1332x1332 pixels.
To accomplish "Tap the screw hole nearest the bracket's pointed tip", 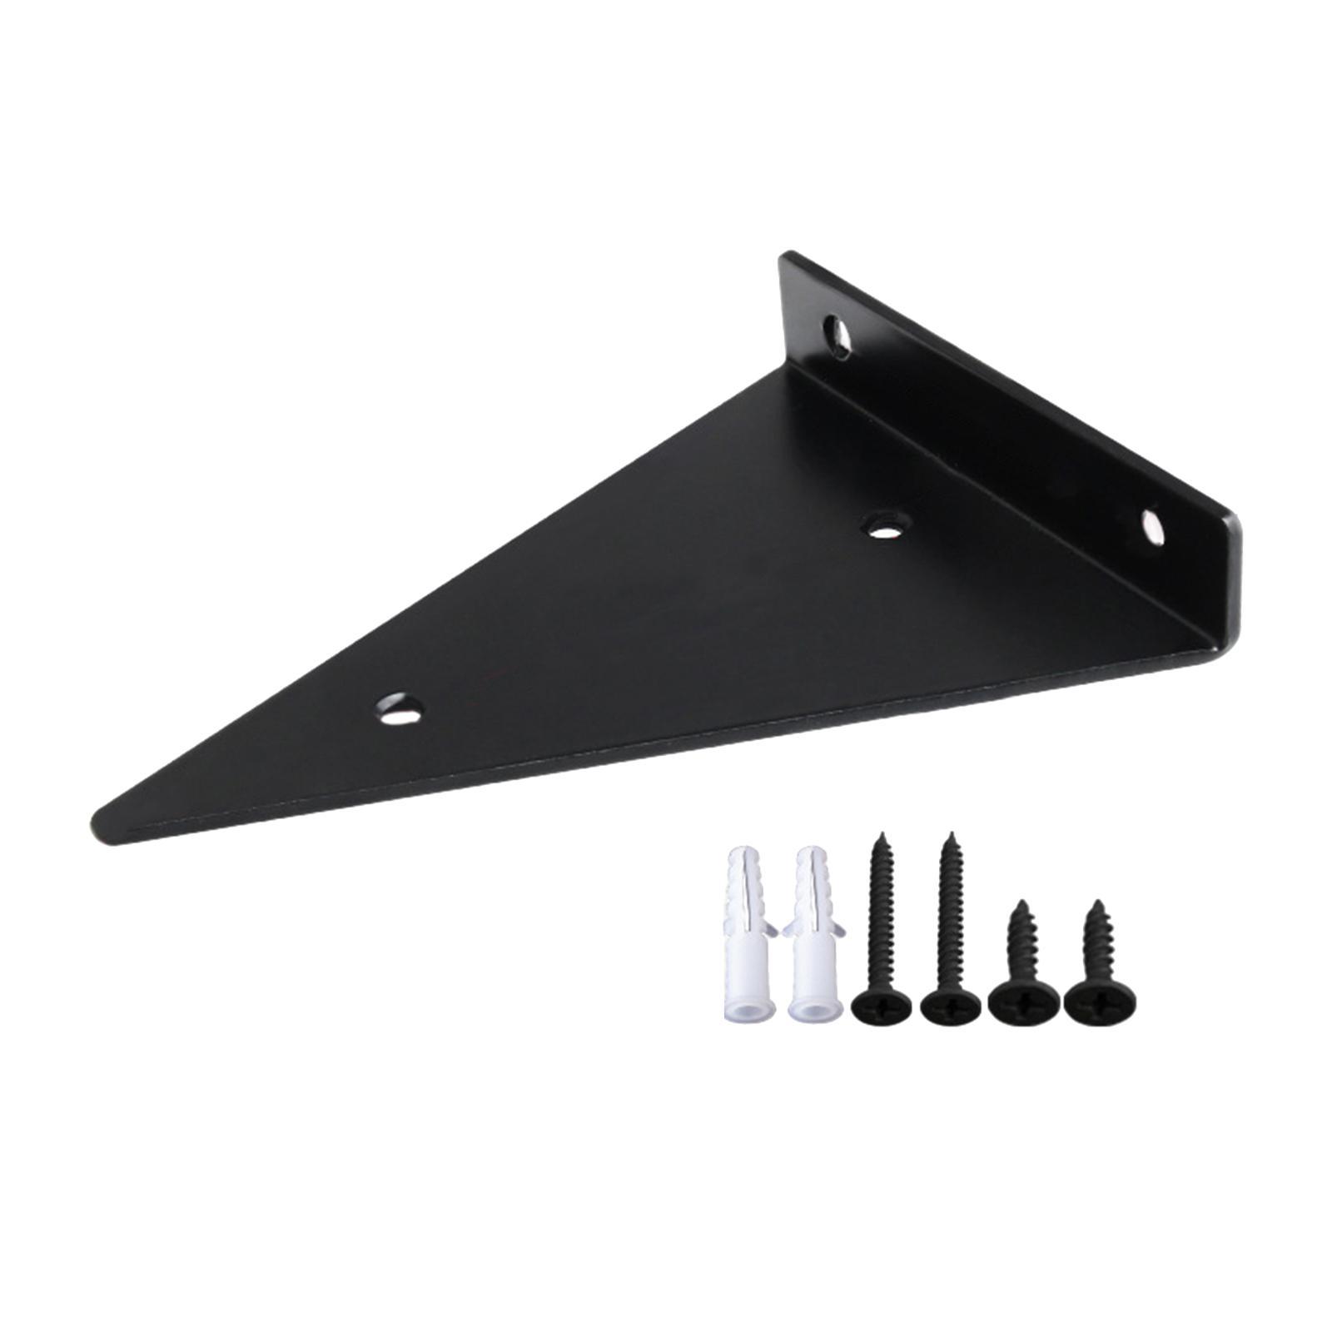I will [399, 709].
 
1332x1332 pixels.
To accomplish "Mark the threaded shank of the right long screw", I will [949, 916].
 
